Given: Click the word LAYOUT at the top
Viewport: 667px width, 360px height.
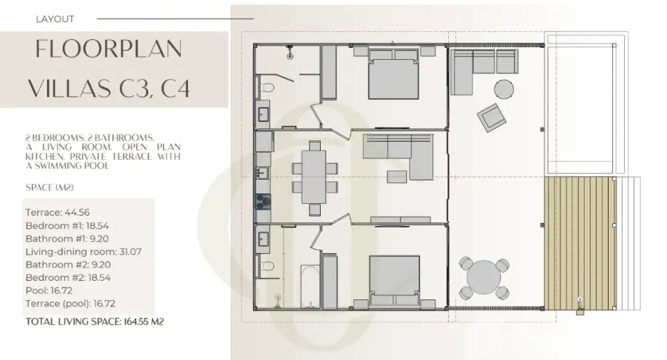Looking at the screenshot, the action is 55,19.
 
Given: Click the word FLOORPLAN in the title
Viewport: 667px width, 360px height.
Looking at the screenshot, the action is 109,49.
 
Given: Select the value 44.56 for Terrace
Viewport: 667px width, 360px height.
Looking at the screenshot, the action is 77,212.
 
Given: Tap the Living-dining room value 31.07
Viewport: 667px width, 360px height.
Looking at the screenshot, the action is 130,252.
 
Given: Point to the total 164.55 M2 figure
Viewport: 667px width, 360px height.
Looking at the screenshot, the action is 143,322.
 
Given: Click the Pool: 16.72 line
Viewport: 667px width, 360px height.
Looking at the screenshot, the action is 49,291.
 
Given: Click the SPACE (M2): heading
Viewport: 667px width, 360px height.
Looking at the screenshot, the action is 50,187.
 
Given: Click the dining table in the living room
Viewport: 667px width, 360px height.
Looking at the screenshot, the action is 314,177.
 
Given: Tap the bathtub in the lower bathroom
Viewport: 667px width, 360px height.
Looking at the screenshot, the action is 310,286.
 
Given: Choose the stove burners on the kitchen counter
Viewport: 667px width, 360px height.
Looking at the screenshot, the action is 263,201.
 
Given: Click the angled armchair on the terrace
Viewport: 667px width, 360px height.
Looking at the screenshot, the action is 492,118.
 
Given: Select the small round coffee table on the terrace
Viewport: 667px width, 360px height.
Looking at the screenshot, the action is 504,89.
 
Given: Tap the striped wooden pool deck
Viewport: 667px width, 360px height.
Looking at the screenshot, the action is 580,243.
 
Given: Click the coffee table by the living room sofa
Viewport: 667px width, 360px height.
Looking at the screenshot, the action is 396,177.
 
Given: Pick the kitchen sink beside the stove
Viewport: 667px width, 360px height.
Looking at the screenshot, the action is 262,173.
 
